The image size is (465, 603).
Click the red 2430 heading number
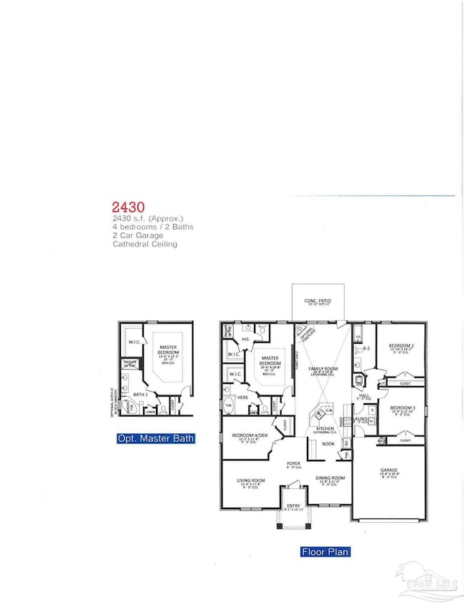125,205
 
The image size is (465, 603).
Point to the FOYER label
293,463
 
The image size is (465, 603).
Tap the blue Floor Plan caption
320,552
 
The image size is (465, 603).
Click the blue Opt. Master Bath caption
155,438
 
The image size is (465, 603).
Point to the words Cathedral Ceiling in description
146,244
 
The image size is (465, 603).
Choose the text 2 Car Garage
137,236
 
